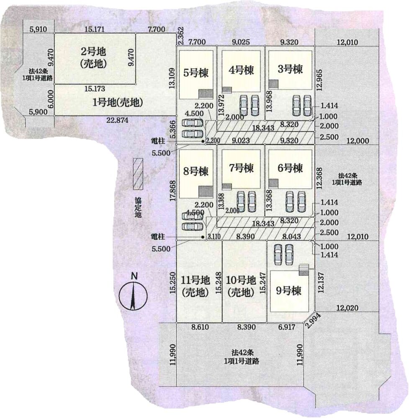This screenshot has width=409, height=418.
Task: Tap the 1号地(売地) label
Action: click(x=118, y=102)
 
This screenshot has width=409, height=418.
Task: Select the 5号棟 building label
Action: click(x=196, y=73)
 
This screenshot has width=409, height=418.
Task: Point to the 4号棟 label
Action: click(x=241, y=70)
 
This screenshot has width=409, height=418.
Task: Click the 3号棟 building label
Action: click(x=290, y=69)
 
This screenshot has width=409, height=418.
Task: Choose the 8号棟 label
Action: click(x=196, y=171)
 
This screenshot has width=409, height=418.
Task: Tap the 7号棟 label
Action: click(x=241, y=168)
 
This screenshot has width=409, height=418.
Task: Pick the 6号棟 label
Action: click(x=290, y=168)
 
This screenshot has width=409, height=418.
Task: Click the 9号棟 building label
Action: click(x=288, y=291)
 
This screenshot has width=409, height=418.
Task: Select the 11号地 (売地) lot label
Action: click(x=195, y=286)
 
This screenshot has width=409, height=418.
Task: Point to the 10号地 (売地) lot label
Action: click(x=241, y=286)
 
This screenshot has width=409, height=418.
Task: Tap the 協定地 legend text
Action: click(x=138, y=207)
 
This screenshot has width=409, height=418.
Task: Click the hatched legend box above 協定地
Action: click(x=138, y=174)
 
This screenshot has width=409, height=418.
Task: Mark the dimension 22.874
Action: click(x=118, y=120)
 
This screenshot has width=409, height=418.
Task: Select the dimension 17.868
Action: click(x=172, y=191)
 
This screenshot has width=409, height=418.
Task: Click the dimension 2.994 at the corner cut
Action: click(x=313, y=321)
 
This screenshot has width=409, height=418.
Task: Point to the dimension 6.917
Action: click(x=287, y=327)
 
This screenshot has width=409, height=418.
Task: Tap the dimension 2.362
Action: click(x=181, y=36)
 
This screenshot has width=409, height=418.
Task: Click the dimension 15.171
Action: click(x=95, y=29)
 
